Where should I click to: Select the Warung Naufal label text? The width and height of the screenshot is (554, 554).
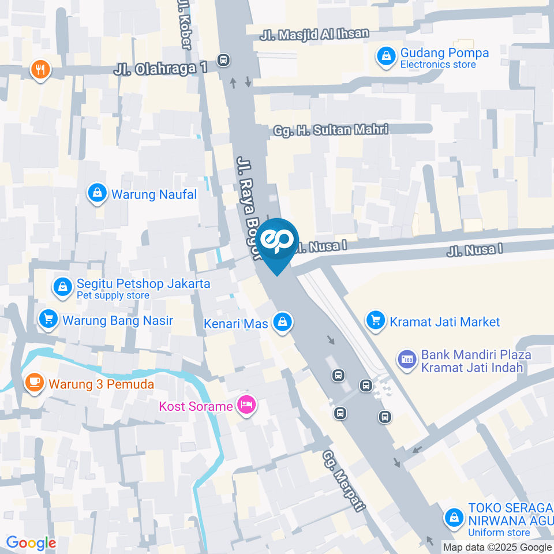[154, 194]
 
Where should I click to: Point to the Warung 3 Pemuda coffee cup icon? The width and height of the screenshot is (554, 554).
[34, 381]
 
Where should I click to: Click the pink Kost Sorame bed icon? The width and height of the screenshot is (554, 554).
[246, 405]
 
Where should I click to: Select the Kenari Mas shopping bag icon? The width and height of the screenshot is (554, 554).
[282, 323]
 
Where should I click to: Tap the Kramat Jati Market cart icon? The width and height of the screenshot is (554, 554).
[376, 320]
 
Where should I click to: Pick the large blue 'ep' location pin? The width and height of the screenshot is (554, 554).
[278, 243]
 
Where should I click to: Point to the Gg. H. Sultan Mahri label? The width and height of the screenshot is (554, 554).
[331, 129]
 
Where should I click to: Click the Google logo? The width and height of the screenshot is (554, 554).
[31, 542]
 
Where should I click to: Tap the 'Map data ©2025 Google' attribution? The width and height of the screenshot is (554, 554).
[497, 547]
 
